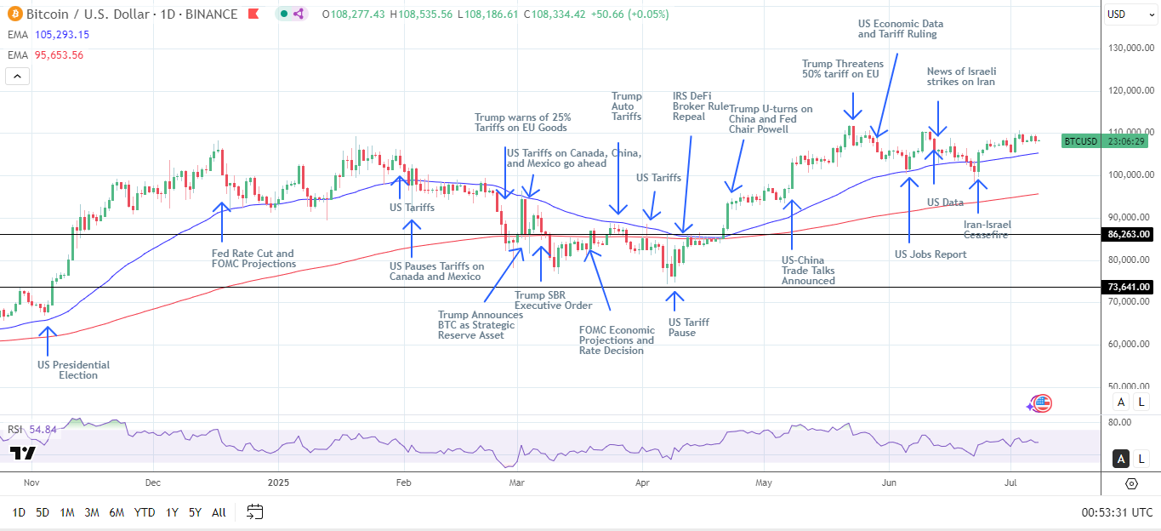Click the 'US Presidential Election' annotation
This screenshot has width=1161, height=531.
click(73, 370)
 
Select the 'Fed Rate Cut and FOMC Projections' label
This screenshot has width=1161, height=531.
click(253, 259)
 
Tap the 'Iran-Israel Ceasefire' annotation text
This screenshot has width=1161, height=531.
click(987, 230)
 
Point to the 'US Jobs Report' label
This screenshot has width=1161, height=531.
click(931, 254)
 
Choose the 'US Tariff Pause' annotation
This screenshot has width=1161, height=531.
click(688, 328)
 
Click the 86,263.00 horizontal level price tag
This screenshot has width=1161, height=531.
click(1128, 234)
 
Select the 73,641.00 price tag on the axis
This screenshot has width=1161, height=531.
click(1128, 288)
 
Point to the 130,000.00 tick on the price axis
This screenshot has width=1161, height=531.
click(1130, 48)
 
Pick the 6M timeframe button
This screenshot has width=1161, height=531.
click(117, 512)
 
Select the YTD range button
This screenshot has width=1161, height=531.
click(145, 512)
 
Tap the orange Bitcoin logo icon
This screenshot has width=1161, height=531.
click(14, 14)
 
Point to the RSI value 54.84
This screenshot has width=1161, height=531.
click(43, 430)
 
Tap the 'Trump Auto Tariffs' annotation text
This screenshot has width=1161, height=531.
click(627, 106)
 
